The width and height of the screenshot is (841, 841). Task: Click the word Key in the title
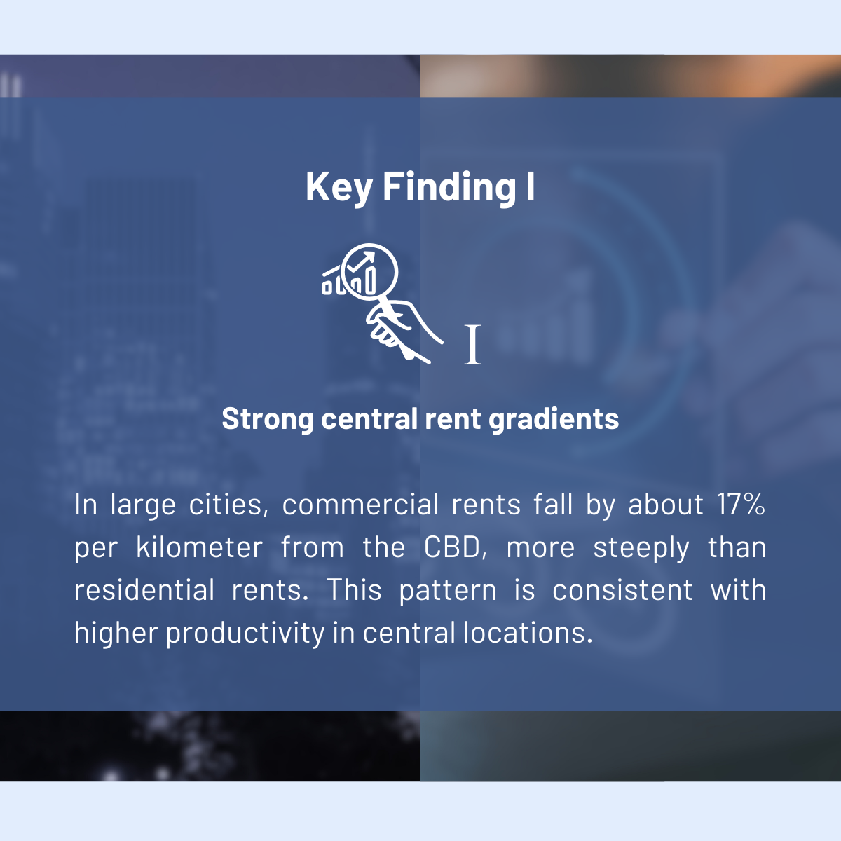[x=339, y=188]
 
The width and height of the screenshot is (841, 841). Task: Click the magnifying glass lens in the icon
[x=369, y=271]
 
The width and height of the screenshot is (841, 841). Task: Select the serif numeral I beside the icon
[x=472, y=344]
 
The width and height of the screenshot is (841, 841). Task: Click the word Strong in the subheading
[x=268, y=419]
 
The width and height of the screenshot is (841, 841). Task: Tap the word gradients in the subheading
[x=554, y=419]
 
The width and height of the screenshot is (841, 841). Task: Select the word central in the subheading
[x=369, y=418]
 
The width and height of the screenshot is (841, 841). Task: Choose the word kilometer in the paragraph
[x=200, y=547]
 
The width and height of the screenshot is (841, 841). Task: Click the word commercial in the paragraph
[x=360, y=504]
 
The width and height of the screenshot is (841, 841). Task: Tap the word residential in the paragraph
[x=144, y=589]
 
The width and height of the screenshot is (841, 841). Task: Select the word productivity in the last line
[x=245, y=633]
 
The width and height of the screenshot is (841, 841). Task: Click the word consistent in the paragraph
[x=623, y=590]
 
